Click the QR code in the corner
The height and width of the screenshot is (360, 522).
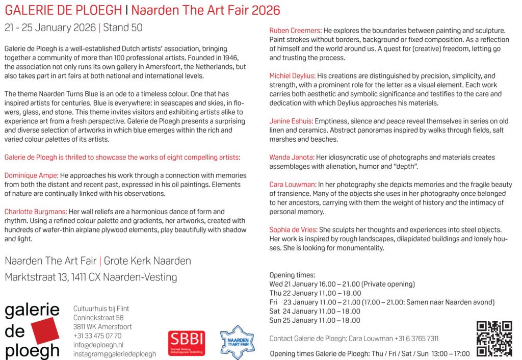[493, 338]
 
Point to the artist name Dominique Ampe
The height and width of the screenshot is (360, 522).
[30, 175]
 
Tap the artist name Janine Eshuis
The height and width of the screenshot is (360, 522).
[291, 121]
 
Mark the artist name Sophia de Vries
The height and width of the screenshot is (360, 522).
[293, 230]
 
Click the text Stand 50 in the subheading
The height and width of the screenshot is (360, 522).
[123, 28]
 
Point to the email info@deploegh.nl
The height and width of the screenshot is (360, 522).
[97, 345]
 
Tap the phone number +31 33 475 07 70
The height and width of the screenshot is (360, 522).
[97, 336]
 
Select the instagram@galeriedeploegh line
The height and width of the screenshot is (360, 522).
[115, 354]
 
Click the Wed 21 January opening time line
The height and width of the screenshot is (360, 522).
[342, 284]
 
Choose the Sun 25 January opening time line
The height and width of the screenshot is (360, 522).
[315, 321]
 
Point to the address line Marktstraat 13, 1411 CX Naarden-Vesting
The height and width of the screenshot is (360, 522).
[91, 277]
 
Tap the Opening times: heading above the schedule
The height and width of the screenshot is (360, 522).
[292, 275]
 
